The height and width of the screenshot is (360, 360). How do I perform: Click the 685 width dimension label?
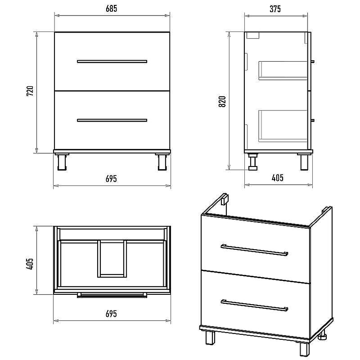111,9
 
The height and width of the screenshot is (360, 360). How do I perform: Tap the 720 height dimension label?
30,91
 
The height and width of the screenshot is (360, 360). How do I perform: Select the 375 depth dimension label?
275,9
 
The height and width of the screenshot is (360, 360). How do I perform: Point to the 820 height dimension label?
222,102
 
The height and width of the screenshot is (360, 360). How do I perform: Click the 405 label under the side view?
277,178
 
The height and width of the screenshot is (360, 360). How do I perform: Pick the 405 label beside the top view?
30,264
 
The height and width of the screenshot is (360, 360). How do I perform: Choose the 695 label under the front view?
111,179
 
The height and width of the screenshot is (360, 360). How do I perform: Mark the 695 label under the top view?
111,314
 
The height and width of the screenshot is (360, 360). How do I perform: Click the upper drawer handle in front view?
112,61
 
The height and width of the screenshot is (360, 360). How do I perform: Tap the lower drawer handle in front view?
112,120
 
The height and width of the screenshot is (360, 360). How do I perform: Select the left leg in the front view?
62,162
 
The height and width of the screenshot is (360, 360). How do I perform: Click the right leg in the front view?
162,162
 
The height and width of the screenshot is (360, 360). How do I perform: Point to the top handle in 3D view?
254,250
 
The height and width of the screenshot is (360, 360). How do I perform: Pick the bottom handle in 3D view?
254,306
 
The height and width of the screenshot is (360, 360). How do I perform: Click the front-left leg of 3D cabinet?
210,337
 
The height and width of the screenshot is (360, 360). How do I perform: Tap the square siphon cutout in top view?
112,259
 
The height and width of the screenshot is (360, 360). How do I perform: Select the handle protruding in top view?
112,295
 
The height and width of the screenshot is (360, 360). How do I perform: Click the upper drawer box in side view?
283,71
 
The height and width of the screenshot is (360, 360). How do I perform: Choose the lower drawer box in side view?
283,126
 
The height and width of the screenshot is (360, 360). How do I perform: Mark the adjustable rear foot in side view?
253,162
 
